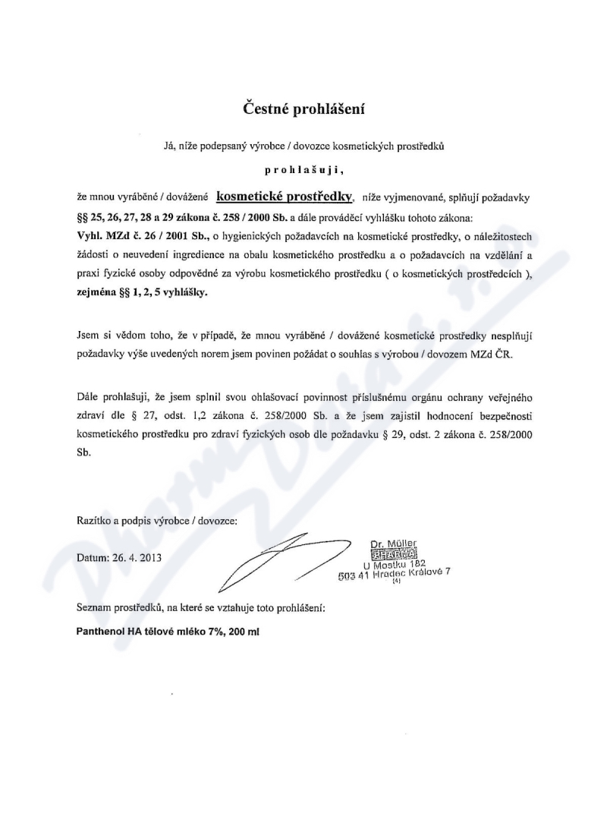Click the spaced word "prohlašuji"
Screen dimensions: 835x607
pos(303,172)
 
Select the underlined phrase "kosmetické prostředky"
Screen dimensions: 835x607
pos(285,196)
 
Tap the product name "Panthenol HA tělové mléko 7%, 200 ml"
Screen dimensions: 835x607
pos(168,632)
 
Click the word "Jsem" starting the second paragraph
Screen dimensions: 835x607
pos(88,335)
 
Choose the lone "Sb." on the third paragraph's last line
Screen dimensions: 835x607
pos(83,452)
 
